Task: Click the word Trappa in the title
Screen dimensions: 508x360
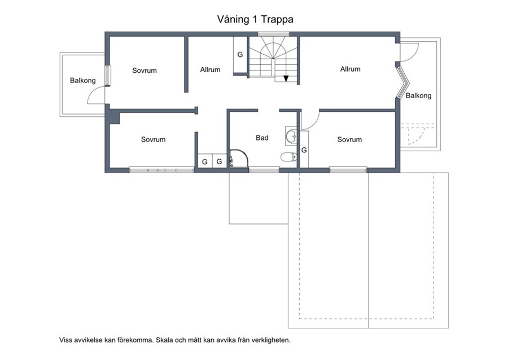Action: (x=277, y=19)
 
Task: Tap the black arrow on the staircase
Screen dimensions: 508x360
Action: (x=286, y=78)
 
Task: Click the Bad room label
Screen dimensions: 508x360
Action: (x=262, y=138)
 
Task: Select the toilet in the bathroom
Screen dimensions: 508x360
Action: (x=288, y=157)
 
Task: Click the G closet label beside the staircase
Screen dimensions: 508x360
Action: (x=240, y=55)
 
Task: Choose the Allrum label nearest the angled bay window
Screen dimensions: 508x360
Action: (x=350, y=69)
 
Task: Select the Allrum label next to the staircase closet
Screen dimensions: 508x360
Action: (x=211, y=69)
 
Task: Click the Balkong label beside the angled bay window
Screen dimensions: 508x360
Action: (x=419, y=95)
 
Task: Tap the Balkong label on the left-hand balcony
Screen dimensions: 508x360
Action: (x=82, y=80)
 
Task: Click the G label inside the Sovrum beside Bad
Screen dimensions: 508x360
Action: (x=304, y=150)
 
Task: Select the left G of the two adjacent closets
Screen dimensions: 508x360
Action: (x=205, y=161)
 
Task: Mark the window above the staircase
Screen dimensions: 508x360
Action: (x=273, y=34)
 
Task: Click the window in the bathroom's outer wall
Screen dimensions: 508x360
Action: (x=264, y=169)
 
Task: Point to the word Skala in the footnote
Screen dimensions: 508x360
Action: (x=164, y=340)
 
